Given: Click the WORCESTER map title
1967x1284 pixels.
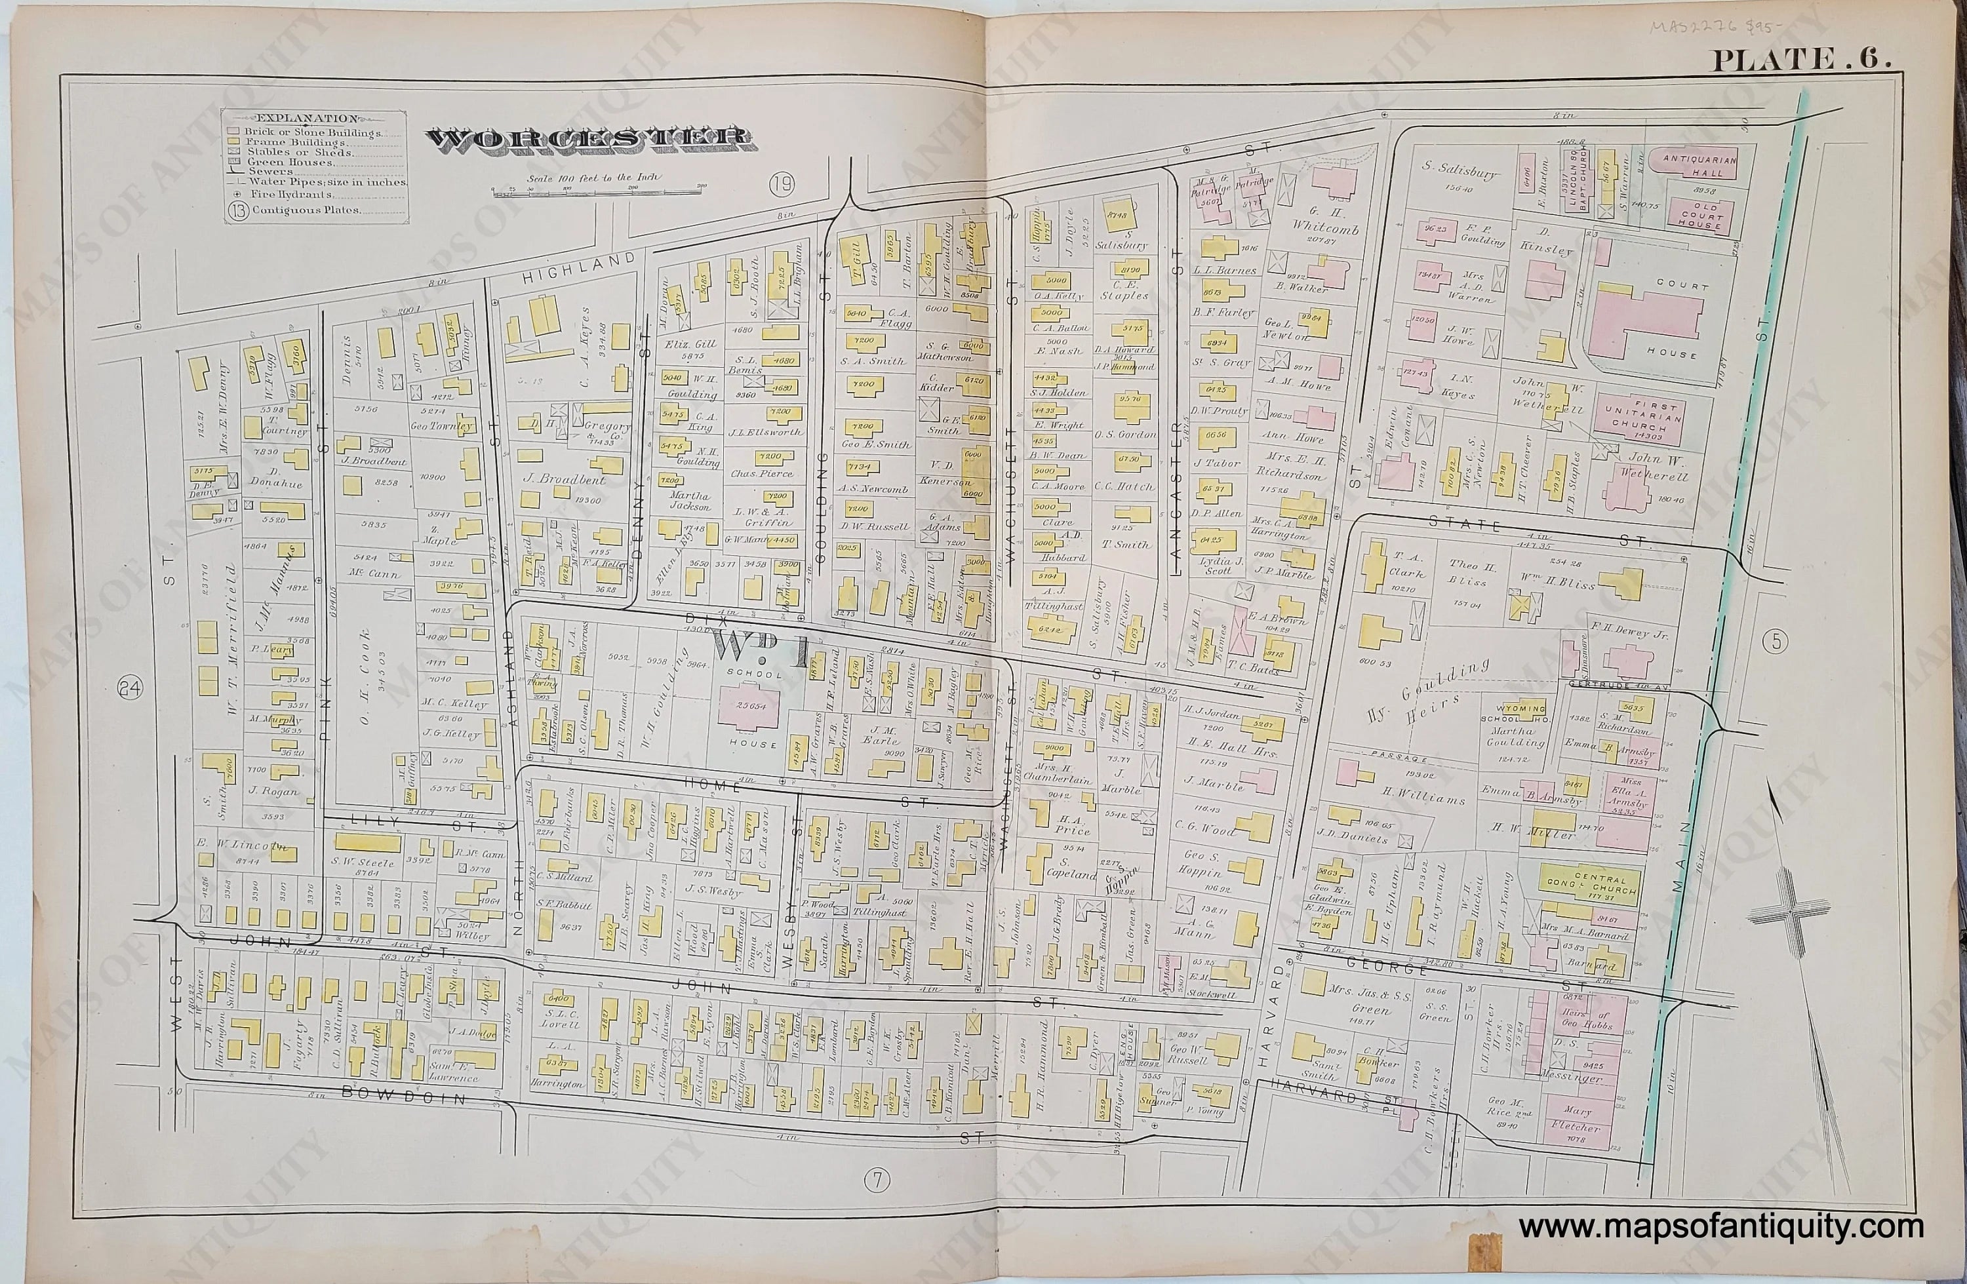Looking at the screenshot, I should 587,140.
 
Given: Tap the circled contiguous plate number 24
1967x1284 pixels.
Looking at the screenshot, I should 129,688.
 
